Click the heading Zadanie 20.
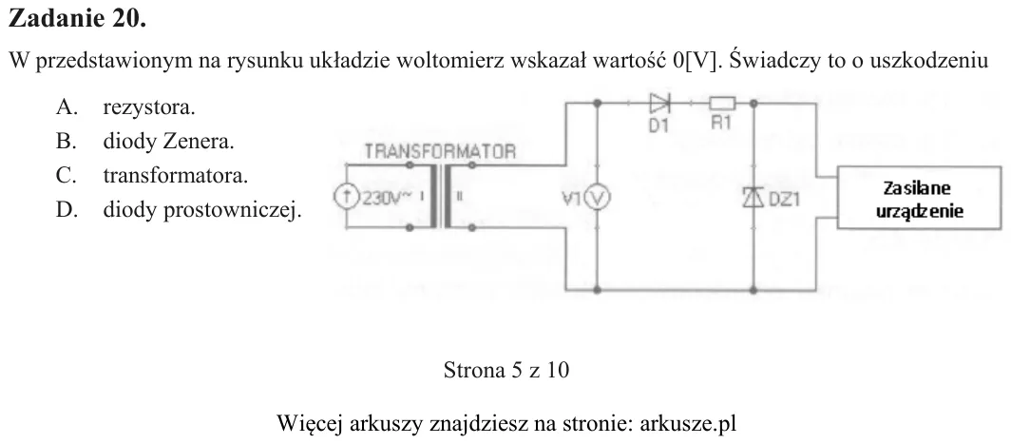pyautogui.click(x=77, y=18)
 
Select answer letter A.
pyautogui.click(x=67, y=107)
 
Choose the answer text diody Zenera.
pyautogui.click(x=168, y=142)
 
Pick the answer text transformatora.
pyautogui.click(x=176, y=176)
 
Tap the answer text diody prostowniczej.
pyautogui.click(x=201, y=210)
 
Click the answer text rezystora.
pyautogui.click(x=149, y=107)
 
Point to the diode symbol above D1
pyautogui.click(x=659, y=102)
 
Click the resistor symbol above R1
pyautogui.click(x=722, y=102)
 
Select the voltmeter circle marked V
pyautogui.click(x=597, y=198)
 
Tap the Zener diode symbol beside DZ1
pyautogui.click(x=753, y=197)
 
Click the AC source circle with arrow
pyautogui.click(x=346, y=197)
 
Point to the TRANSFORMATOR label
pyautogui.click(x=440, y=152)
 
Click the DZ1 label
pyautogui.click(x=783, y=200)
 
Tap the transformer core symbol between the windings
pyautogui.click(x=441, y=197)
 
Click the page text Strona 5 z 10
pyautogui.click(x=506, y=370)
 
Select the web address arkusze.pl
pyautogui.click(x=687, y=424)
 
